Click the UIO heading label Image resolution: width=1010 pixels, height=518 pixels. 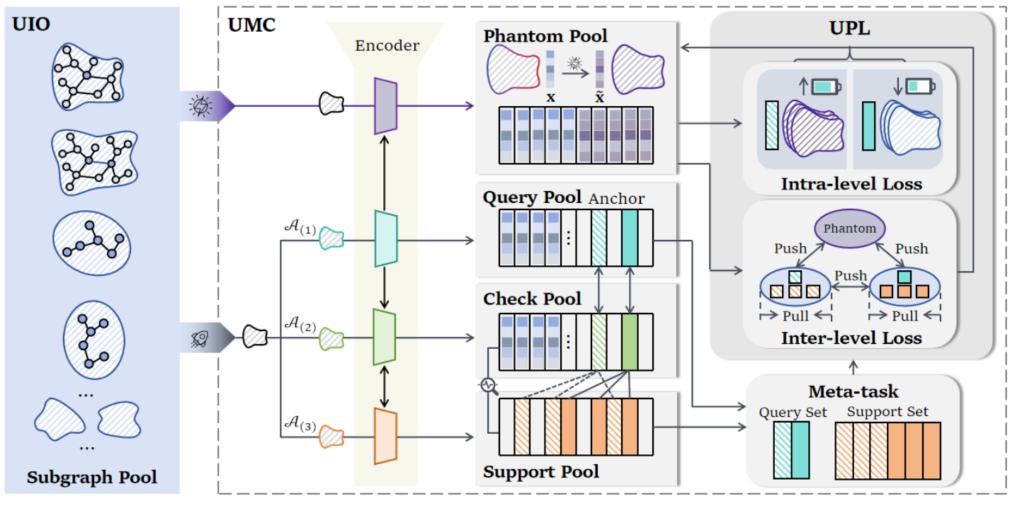pos(32,26)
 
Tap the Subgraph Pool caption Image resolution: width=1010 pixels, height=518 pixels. pos(92,478)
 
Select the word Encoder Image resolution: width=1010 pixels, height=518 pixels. pos(387,46)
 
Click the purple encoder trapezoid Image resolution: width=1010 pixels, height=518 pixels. pos(385,106)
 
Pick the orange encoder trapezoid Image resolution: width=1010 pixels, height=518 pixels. pos(385,437)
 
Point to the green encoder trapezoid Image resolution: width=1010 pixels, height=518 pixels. pos(385,338)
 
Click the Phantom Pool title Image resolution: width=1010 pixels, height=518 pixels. pos(545,36)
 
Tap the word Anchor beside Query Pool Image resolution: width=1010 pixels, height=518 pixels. pos(616,199)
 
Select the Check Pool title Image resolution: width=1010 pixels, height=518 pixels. pos(532,299)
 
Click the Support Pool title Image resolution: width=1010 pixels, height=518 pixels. pos(541,471)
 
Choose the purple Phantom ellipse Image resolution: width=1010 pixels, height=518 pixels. pos(849,229)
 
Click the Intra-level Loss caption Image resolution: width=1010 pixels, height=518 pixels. pos(851,184)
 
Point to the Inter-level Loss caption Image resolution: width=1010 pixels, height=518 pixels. pos(851,338)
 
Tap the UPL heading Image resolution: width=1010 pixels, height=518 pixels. pos(849,29)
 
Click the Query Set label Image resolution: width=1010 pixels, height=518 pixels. pos(793,413)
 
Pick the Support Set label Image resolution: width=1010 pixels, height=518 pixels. pos(887,411)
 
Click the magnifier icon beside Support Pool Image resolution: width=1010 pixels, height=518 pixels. pos(489,385)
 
